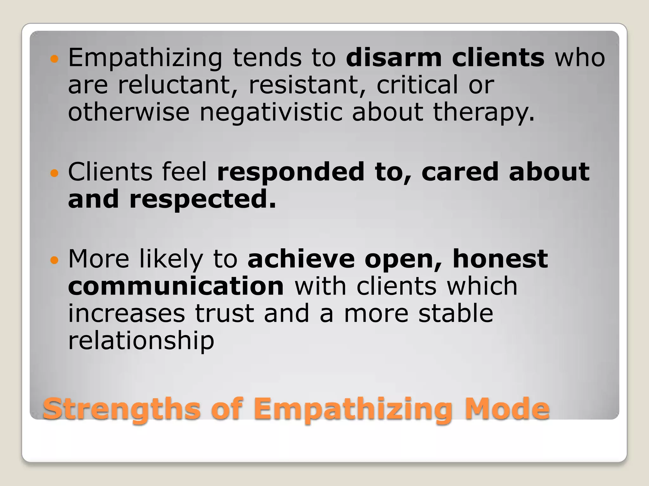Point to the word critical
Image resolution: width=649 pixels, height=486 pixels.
[417, 85]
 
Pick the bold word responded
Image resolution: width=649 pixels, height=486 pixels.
[291, 172]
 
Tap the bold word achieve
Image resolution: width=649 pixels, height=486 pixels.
[301, 259]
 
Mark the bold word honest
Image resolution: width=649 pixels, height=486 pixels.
[500, 259]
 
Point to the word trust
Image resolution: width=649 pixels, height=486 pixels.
[224, 314]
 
